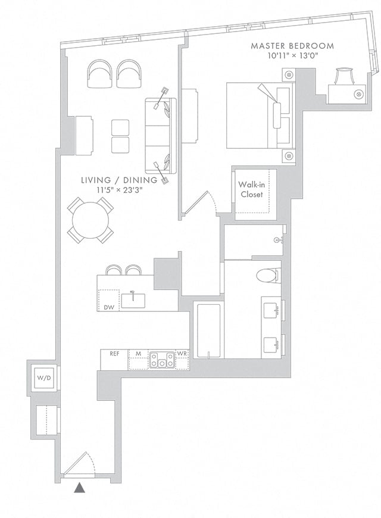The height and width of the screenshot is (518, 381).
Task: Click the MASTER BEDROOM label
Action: [x=292, y=46]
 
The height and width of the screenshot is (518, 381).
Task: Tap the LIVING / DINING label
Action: [x=119, y=180]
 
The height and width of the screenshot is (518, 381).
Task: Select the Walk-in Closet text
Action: [x=252, y=189]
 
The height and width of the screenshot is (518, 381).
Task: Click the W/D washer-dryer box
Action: [x=44, y=377]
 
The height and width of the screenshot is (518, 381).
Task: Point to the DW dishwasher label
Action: [x=109, y=308]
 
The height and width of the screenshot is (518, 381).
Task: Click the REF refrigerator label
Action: [x=114, y=354]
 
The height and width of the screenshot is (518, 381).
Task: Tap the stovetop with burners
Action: [x=162, y=360]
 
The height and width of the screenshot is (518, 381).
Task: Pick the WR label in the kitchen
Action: [x=182, y=354]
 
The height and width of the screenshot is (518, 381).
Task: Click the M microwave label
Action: [x=139, y=354]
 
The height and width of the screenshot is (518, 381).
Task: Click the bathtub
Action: [x=209, y=330]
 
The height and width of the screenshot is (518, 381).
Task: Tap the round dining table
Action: [x=91, y=220]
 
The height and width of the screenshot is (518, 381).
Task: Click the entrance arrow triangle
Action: [x=79, y=488]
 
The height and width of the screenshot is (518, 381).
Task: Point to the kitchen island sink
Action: [x=133, y=300]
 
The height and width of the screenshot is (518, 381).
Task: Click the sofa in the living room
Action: [x=160, y=136]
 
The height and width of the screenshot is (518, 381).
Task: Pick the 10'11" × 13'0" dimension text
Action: [x=293, y=56]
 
